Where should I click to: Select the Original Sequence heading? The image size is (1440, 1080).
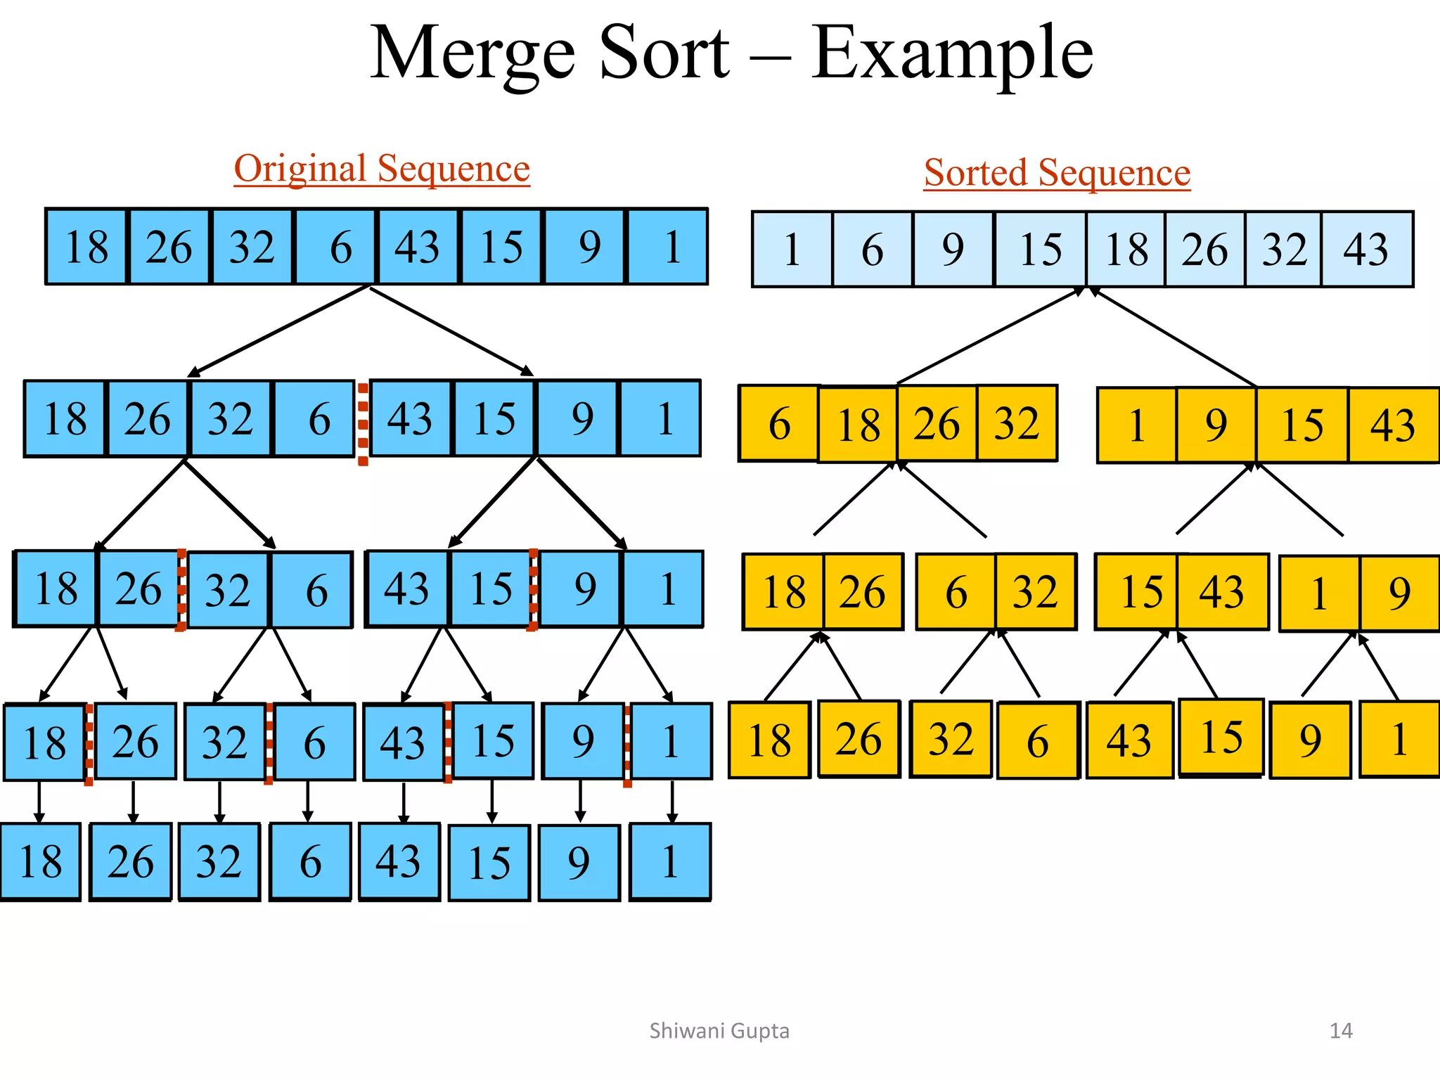coord(382,169)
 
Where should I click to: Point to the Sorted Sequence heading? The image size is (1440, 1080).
coord(1057,173)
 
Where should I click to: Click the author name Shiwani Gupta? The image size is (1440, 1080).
coord(719,1031)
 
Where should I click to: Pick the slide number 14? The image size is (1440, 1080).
coord(1341,1031)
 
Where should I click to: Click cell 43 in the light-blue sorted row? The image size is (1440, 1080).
coord(1366,249)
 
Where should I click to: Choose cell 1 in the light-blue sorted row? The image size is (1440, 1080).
coord(792,249)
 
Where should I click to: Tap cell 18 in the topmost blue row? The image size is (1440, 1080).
coord(86,247)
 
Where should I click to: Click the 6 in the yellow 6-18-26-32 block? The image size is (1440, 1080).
coord(779,424)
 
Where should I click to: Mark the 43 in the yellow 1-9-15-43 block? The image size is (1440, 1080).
coord(1393,425)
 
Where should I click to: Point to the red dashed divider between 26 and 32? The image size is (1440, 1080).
coord(181,589)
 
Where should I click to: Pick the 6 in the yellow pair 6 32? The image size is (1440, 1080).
coord(956,591)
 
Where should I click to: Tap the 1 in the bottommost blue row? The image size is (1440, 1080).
coord(670,861)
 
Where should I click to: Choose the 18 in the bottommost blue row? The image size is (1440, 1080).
coord(41,861)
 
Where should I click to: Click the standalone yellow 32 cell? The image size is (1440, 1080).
coord(951,739)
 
